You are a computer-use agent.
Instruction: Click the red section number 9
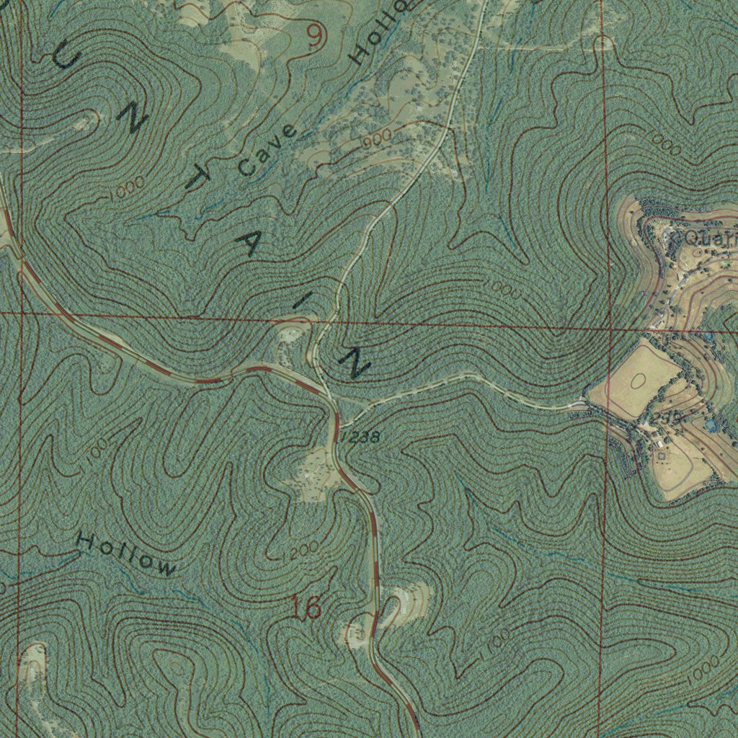[x=314, y=36]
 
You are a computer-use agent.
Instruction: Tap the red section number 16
[x=306, y=608]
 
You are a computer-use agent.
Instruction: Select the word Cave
[x=267, y=151]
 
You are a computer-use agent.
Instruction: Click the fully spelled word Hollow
[x=127, y=554]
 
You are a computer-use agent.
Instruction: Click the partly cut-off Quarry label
[x=710, y=238]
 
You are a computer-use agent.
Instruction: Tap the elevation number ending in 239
[x=667, y=419]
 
